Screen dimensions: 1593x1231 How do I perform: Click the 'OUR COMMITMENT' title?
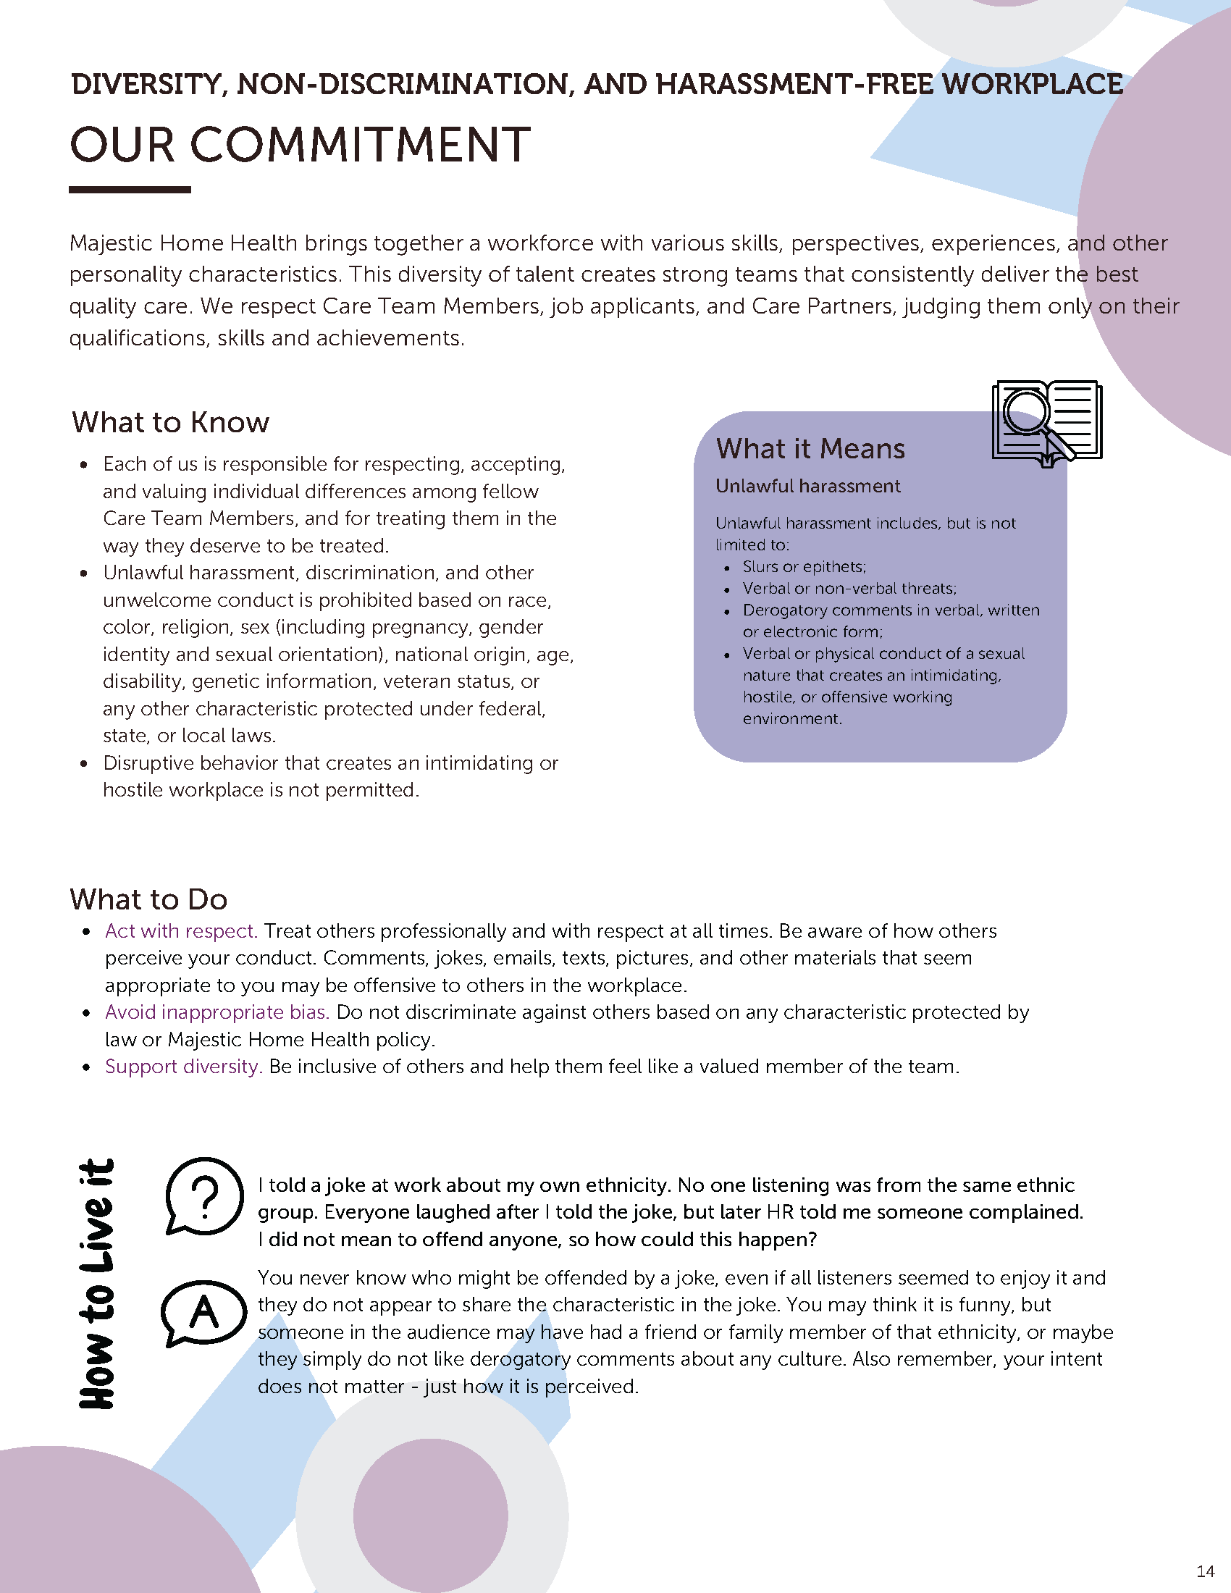pos(300,144)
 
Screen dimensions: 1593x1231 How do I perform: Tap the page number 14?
pos(1206,1571)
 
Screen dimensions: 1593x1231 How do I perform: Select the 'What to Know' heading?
pos(171,422)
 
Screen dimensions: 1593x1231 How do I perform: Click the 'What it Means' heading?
pos(810,449)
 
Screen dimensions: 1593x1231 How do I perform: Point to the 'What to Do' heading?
pos(148,899)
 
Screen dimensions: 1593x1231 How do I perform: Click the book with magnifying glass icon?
pos(1046,422)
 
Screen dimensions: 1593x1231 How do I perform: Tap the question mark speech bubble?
pos(204,1195)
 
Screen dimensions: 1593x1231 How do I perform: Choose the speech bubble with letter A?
pos(203,1312)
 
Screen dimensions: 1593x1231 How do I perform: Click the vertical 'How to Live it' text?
pos(96,1284)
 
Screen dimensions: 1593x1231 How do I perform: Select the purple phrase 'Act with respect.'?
pos(181,930)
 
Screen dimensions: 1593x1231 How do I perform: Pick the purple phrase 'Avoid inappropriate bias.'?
pos(217,1012)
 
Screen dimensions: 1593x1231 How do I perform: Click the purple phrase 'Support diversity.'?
pos(183,1067)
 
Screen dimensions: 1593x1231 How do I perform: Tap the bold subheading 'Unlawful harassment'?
pos(808,486)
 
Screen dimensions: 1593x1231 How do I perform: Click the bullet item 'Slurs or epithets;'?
pos(804,567)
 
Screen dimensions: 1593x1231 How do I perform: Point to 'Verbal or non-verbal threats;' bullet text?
pos(849,589)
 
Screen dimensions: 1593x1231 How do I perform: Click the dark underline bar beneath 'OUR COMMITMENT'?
pos(130,190)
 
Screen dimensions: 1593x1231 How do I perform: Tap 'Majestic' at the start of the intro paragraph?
pos(110,243)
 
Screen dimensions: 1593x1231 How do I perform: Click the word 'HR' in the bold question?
pos(780,1211)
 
